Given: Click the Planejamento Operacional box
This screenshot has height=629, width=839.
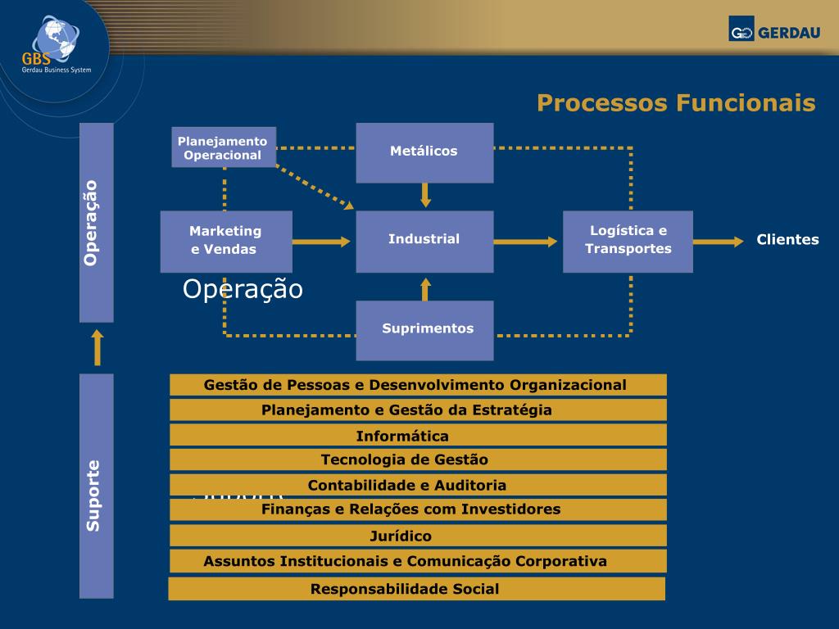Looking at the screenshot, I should tap(224, 147).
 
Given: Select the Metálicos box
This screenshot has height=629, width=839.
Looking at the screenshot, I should tap(424, 152).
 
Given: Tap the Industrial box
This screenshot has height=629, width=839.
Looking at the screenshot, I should tap(424, 241).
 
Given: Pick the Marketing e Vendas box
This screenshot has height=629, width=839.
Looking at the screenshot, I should tap(226, 241).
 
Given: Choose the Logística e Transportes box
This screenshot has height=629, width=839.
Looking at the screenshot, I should tap(628, 241).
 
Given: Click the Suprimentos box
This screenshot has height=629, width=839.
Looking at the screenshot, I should tap(424, 330).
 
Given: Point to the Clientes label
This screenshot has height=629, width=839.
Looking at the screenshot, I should tap(787, 240).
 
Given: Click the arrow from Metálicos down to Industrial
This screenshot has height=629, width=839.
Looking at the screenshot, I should tap(425, 196).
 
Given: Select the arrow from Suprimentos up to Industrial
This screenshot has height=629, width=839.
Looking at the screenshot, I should tap(425, 287).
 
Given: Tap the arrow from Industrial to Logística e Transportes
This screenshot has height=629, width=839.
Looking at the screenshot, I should tap(527, 242).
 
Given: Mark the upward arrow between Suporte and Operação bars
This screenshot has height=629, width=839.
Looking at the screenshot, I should tap(98, 347).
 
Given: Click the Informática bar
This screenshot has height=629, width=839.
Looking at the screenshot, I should tap(418, 436).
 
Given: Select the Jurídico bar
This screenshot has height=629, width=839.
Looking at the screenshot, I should tap(418, 536).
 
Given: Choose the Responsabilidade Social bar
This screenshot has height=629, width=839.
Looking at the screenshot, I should tap(416, 589).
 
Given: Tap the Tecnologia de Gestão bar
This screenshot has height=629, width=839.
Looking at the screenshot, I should tap(418, 459).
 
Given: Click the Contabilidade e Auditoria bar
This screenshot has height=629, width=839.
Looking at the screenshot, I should tap(418, 485).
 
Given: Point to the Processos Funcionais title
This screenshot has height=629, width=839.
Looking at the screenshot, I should tap(676, 103).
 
